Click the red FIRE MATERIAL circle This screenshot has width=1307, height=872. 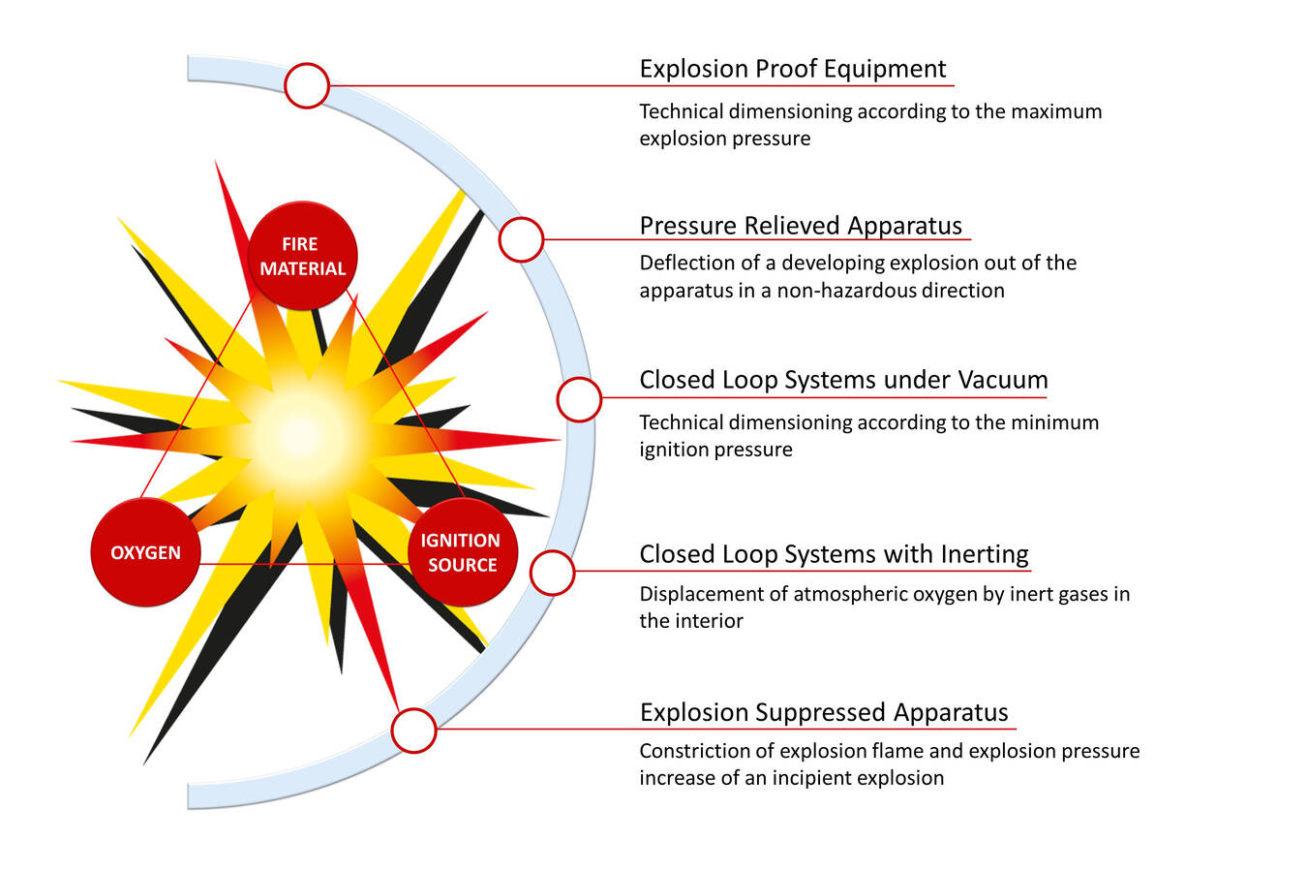303,256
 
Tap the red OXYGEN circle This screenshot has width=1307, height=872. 145,552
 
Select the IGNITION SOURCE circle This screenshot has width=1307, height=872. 462,552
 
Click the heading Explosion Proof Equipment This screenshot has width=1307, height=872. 792,69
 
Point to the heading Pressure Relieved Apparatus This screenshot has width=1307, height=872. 801,226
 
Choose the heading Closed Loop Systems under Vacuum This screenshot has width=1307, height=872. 843,380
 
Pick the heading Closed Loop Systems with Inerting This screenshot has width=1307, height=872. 834,554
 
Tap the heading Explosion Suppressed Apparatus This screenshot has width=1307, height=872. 824,712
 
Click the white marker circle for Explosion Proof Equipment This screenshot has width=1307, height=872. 307,86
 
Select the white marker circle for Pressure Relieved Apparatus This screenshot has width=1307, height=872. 521,239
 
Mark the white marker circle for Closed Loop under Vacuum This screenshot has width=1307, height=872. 579,399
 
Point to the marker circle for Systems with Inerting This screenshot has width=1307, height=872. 552,572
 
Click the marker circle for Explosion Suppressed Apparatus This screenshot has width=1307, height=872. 413,731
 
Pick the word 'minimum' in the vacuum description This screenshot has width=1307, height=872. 1055,422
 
